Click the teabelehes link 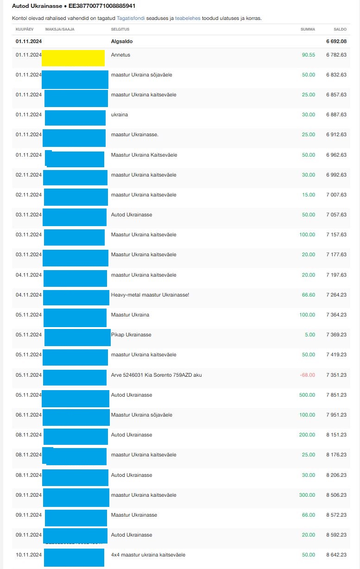click(x=188, y=19)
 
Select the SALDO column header click(x=340, y=29)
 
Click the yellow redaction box click(x=73, y=58)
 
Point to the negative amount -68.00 click(x=308, y=375)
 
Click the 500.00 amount click(x=307, y=395)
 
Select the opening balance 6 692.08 click(x=336, y=41)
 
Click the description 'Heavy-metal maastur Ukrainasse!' click(x=150, y=295)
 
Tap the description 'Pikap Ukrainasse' click(x=131, y=335)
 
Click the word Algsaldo click(x=121, y=41)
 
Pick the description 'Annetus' click(x=120, y=55)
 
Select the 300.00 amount click(x=307, y=495)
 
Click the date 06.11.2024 click(x=29, y=415)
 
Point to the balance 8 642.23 click(x=336, y=555)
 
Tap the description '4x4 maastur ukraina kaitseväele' click(x=148, y=555)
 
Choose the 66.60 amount click(x=308, y=295)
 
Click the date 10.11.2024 click(x=29, y=555)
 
